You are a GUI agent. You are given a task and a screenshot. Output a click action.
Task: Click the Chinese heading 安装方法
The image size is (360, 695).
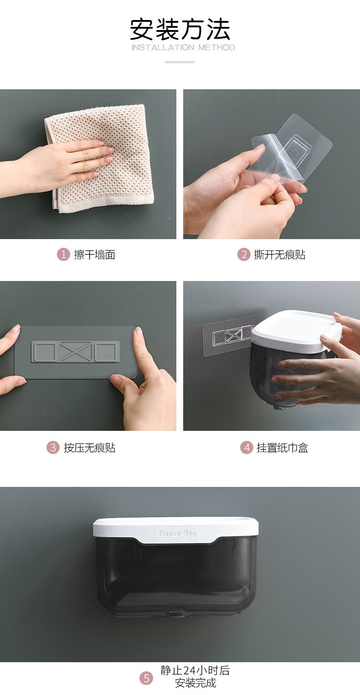pyautogui.click(x=180, y=30)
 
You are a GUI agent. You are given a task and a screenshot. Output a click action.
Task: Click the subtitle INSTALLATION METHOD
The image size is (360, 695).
pyautogui.click(x=183, y=47)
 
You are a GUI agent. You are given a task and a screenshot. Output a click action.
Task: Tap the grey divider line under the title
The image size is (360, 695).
pyautogui.click(x=180, y=62)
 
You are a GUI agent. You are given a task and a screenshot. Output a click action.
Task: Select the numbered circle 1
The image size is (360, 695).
pyautogui.click(x=63, y=255)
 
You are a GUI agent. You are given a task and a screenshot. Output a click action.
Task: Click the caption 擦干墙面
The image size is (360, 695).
pyautogui.click(x=94, y=255)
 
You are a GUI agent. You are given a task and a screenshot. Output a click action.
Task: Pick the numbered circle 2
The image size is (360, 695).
pyautogui.click(x=244, y=255)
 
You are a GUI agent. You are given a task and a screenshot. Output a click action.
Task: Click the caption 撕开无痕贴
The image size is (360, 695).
pyautogui.click(x=280, y=255)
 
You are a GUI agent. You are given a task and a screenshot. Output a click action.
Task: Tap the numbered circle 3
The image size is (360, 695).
pyautogui.click(x=53, y=448)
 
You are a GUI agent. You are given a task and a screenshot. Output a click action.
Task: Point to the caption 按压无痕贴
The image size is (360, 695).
pyautogui.click(x=90, y=448)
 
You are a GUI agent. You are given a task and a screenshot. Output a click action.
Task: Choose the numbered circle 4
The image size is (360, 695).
pyautogui.click(x=247, y=448)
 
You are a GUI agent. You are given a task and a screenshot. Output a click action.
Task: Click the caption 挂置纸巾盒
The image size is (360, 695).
pyautogui.click(x=283, y=448)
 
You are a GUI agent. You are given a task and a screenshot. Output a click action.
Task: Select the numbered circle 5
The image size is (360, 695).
pyautogui.click(x=146, y=678)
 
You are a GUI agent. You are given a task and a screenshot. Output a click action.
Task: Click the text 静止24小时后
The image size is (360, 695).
pyautogui.click(x=195, y=670)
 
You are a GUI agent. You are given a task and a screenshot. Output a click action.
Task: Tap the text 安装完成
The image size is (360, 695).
pyautogui.click(x=195, y=683)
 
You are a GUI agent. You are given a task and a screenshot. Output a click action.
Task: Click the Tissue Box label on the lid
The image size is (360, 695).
pyautogui.click(x=177, y=533)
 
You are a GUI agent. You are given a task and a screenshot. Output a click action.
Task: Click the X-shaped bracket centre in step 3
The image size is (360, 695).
pyautogui.click(x=75, y=352)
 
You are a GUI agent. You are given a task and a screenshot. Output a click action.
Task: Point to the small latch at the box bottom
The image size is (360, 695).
pyautogui.click(x=175, y=613)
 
